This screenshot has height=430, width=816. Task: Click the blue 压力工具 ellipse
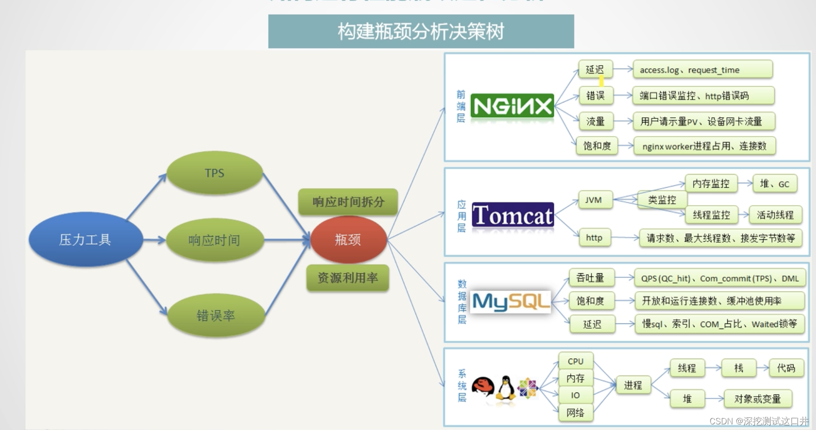pos(85,239)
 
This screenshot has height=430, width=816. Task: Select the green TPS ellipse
pos(214,173)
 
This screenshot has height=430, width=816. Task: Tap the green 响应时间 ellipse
pos(214,240)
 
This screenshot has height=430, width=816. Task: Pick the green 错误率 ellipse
pos(215,315)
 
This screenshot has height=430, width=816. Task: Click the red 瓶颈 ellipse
pos(348,239)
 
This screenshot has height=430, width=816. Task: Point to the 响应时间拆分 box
pos(348,202)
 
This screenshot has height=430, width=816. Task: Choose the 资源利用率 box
pos(348,278)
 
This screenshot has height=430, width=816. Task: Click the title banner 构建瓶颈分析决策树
pos(421,31)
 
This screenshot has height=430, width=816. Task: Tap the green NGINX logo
pos(512,107)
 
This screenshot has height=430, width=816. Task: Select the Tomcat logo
pos(513,215)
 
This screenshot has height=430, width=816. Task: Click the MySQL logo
pos(511,301)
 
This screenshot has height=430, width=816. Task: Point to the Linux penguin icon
pos(506,388)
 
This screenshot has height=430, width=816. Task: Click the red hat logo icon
pos(483,388)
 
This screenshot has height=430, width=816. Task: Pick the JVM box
pos(593,200)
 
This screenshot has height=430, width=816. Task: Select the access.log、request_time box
pos(702,70)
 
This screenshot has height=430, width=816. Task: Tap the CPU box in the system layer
pos(575,361)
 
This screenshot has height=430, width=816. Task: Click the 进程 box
pos(633,385)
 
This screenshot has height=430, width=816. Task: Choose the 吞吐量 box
pos(590,278)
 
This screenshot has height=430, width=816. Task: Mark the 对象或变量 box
pos(757,399)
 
